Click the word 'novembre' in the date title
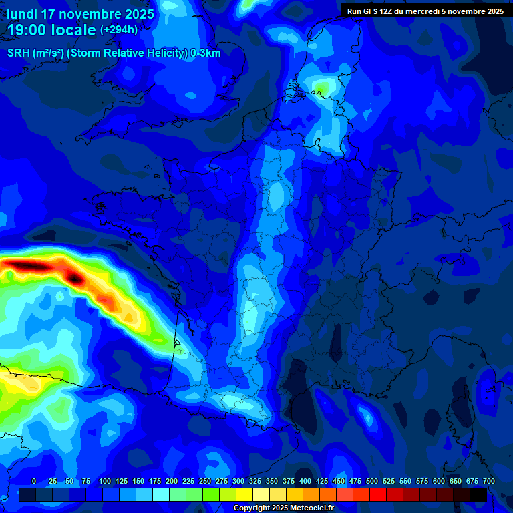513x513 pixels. [x=89, y=14]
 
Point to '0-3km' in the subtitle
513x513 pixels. [x=206, y=53]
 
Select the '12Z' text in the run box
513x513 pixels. [x=390, y=11]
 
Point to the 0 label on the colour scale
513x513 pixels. [x=34, y=481]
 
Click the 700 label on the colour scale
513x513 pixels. [x=488, y=481]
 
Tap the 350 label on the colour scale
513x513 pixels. [x=272, y=481]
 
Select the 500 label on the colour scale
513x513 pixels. [x=372, y=481]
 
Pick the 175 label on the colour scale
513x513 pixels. [x=155, y=481]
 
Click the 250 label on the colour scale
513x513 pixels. [x=205, y=481]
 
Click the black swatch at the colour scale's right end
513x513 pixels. [x=478, y=494]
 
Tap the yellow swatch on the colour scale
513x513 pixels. [x=244, y=494]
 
